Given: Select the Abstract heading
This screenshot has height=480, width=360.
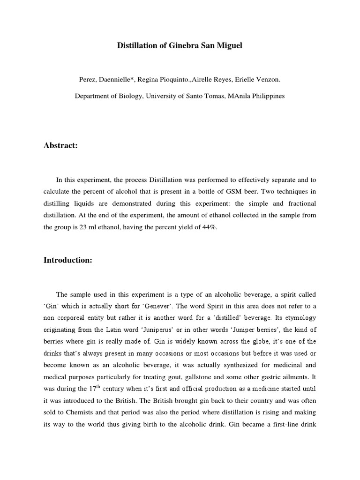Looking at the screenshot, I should click(60, 146).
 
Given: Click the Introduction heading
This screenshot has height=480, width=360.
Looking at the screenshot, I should click(68, 260).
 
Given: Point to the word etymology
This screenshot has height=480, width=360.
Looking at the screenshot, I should click(299, 318).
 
